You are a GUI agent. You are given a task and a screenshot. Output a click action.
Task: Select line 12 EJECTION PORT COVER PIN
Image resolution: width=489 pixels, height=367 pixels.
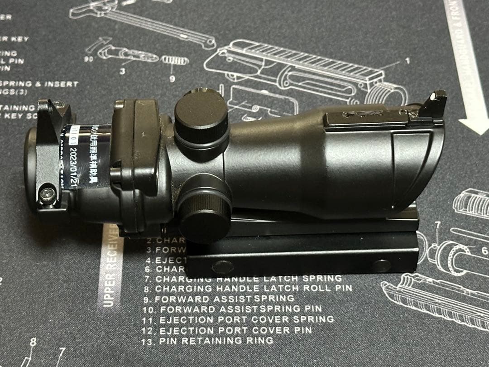(226, 330)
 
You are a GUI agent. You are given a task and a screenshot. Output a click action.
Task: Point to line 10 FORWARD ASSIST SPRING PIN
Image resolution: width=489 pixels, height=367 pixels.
(232, 309)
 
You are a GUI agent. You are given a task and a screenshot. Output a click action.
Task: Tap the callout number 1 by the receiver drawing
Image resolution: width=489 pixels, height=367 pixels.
(407, 60)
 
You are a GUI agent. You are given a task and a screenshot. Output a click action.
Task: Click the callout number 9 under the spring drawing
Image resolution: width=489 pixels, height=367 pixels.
(172, 78)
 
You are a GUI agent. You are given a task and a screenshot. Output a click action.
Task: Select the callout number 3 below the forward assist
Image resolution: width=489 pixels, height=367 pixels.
(122, 71)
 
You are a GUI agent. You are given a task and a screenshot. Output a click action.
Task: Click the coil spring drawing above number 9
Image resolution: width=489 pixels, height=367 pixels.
(174, 60)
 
